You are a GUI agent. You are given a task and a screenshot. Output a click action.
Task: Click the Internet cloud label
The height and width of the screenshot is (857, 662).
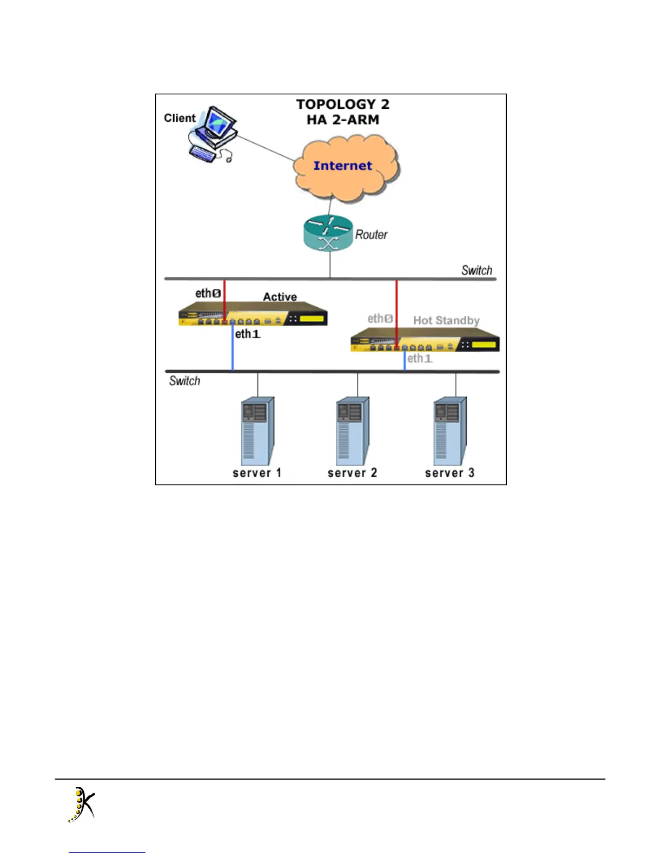tap(343, 166)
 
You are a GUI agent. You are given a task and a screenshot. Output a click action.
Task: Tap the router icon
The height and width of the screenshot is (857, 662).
tap(328, 233)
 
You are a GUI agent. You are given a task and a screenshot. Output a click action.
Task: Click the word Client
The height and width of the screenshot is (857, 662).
tap(180, 118)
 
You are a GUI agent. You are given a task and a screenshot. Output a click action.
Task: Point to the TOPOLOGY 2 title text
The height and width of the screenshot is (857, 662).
tap(343, 104)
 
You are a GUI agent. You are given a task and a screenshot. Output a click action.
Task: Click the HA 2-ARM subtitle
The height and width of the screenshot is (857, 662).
tap(343, 120)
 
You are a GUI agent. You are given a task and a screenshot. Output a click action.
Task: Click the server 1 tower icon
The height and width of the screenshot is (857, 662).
tap(257, 431)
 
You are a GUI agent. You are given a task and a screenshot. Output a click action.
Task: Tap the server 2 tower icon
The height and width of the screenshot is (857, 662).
tap(352, 431)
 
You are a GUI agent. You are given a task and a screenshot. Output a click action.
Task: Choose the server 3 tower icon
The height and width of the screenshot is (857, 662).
tap(449, 431)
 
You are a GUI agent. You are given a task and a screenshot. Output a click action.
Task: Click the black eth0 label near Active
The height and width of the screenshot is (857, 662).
tap(208, 293)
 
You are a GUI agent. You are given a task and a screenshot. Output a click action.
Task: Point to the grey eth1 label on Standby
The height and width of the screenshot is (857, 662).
tap(420, 358)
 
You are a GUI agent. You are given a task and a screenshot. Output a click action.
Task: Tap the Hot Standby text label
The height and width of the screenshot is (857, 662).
tap(446, 320)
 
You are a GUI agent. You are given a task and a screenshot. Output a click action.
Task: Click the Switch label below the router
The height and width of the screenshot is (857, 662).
tap(476, 270)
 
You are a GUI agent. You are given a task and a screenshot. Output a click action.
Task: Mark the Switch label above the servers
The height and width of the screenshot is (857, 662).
tap(184, 381)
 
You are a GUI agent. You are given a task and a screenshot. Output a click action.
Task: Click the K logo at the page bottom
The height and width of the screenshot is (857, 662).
tap(82, 805)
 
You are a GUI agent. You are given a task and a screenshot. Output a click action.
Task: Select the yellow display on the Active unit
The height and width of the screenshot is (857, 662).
tap(312, 318)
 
